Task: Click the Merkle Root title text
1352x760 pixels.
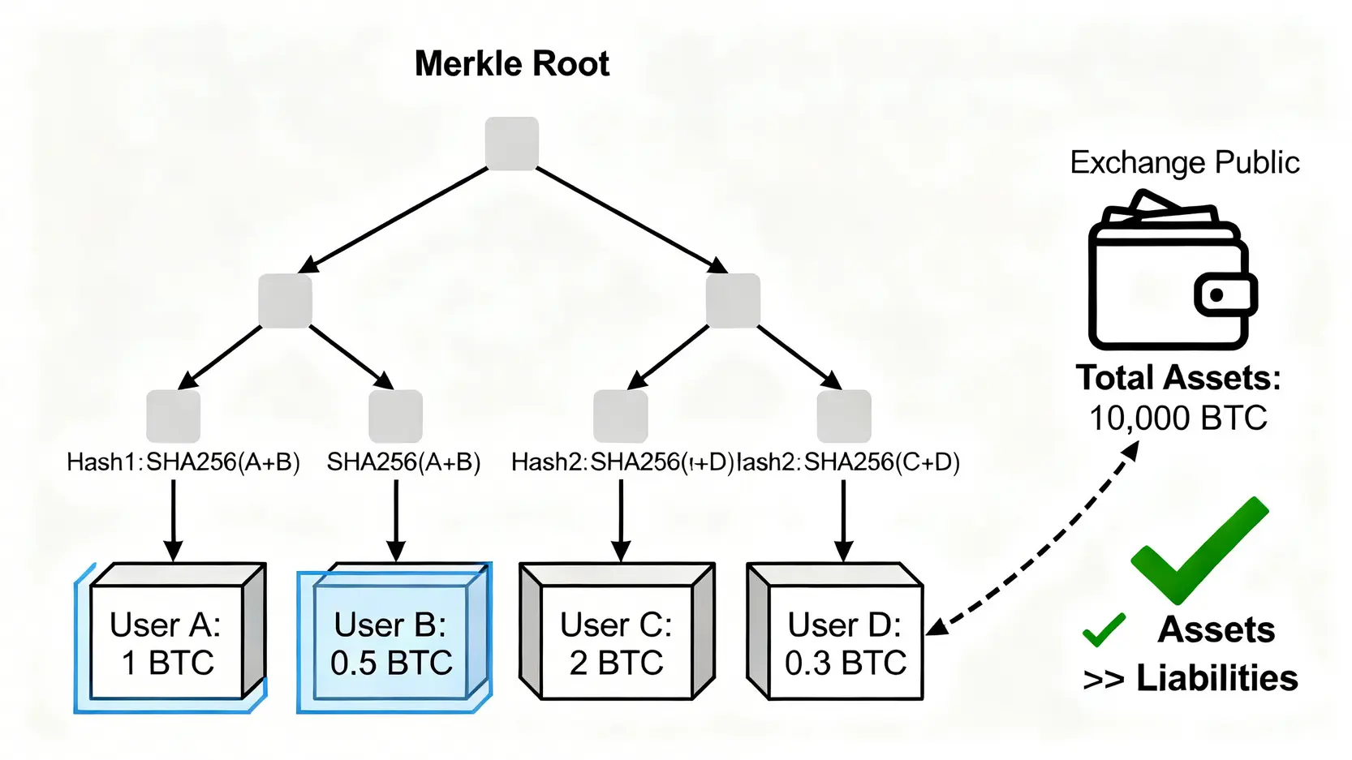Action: click(511, 64)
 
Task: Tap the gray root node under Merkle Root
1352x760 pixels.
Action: click(512, 144)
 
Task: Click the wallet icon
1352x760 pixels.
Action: click(1169, 272)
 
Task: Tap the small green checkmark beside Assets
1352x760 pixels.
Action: click(1104, 629)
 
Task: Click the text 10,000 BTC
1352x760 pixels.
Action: click(1178, 419)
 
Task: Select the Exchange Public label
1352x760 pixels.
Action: click(1184, 162)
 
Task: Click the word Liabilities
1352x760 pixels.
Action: click(1216, 678)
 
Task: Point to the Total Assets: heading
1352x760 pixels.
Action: click(1178, 378)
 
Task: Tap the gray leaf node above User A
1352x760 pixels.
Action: click(173, 416)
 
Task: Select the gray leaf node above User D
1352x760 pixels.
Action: click(844, 416)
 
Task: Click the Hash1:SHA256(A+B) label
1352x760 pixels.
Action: click(183, 462)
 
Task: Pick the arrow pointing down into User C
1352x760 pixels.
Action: click(621, 519)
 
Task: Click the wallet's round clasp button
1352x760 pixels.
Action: click(1216, 295)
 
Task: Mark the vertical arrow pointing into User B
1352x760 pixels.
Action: click(396, 519)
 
